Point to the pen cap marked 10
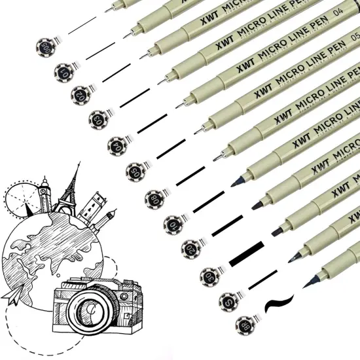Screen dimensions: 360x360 click(x=173, y=223)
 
